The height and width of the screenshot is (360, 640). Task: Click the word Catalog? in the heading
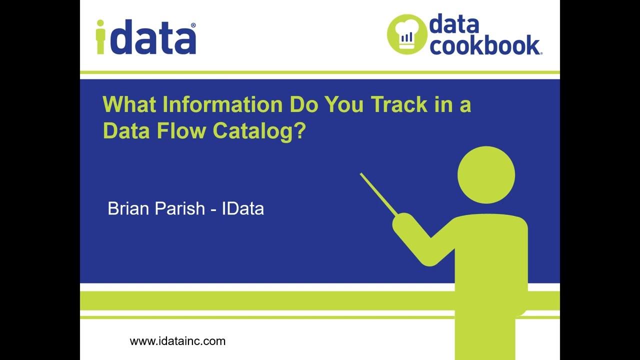tap(259, 131)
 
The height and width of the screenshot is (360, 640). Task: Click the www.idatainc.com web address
tap(177, 341)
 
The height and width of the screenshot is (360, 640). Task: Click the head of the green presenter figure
tap(485, 175)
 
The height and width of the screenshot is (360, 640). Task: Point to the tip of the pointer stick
tap(361, 174)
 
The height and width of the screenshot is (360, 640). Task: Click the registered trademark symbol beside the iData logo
tap(193, 25)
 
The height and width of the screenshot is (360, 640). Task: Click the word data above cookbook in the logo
tap(454, 24)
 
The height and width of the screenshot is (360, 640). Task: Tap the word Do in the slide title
tap(303, 105)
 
